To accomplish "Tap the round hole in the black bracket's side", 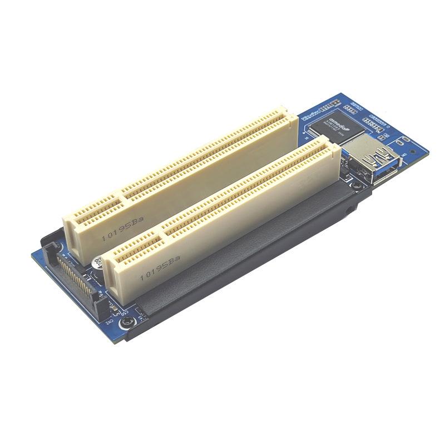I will [348, 210].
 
